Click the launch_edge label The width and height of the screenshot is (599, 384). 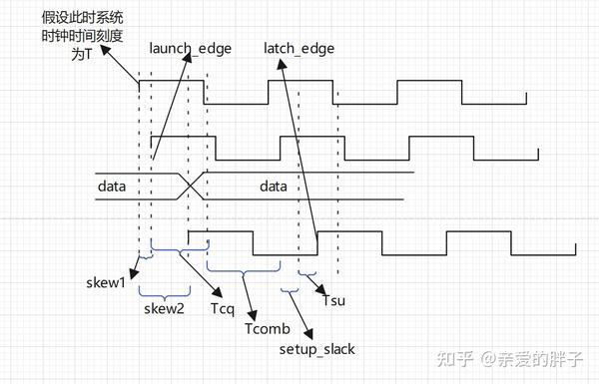[x=188, y=48]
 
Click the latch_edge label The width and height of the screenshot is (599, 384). [x=299, y=48]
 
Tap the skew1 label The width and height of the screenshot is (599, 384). [x=106, y=282]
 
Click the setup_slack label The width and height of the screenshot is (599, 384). [x=316, y=349]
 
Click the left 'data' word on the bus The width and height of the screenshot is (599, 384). [x=113, y=187]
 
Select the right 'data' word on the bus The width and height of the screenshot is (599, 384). [x=275, y=187]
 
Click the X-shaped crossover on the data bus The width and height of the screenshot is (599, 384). [x=191, y=186]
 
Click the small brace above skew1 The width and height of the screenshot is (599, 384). [x=145, y=258]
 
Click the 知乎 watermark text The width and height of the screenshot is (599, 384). [x=447, y=358]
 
